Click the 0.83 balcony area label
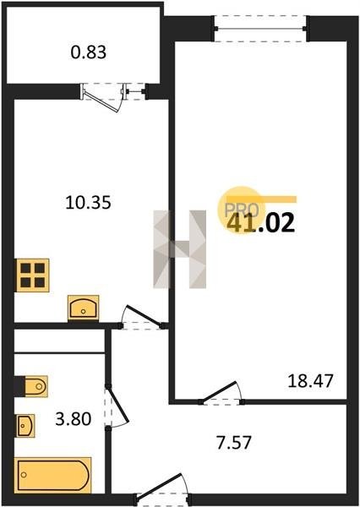click(88, 52)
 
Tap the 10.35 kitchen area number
click(88, 203)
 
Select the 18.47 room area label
click(310, 380)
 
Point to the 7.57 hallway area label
click(234, 442)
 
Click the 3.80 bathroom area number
click(74, 419)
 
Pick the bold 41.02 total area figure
click(260, 223)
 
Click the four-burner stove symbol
click(33, 275)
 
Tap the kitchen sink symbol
click(83, 308)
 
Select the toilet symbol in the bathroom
click(35, 386)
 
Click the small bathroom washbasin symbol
click(25, 426)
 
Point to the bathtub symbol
click(52, 475)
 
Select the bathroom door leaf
click(118, 404)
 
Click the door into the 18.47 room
click(220, 391)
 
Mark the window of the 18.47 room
click(260, 29)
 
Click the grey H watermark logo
click(179, 249)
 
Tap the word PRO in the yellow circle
click(242, 210)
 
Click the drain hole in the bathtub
click(23, 474)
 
